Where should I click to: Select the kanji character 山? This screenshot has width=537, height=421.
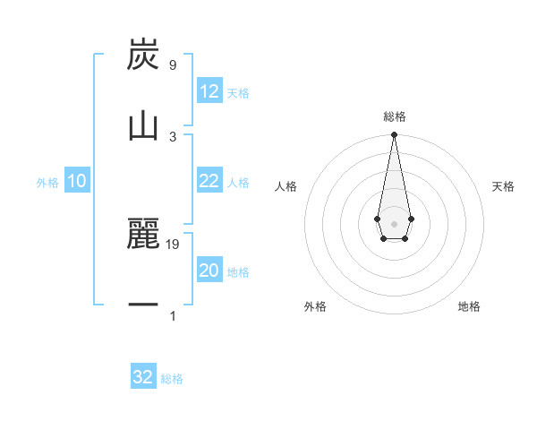pos(144,125)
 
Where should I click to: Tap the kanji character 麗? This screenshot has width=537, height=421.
pos(144,235)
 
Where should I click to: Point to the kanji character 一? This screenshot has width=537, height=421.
pos(144,305)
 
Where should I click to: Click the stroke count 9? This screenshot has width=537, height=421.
pos(172,65)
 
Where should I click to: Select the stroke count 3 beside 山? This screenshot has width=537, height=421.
pos(173,136)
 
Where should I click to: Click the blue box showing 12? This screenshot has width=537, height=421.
pos(209,91)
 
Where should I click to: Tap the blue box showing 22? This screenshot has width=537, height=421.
pos(209,181)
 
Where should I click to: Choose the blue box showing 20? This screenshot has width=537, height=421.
pos(209,271)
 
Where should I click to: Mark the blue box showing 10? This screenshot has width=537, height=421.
pos(77,181)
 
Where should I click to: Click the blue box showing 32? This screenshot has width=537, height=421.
pos(143,377)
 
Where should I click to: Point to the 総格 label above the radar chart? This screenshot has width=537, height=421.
pos(395,116)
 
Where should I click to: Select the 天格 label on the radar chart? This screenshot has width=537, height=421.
pos(503,186)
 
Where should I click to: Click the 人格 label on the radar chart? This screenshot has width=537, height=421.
pos(286,186)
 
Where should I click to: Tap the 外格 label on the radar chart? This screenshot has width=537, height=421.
pos(315,306)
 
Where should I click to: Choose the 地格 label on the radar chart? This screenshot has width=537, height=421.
pos(469,306)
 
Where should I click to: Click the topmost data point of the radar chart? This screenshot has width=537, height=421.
pos(394,135)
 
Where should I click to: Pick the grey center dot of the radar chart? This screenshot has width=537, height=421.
pos(394,223)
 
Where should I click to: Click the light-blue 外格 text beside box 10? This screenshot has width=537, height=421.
pos(47,182)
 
